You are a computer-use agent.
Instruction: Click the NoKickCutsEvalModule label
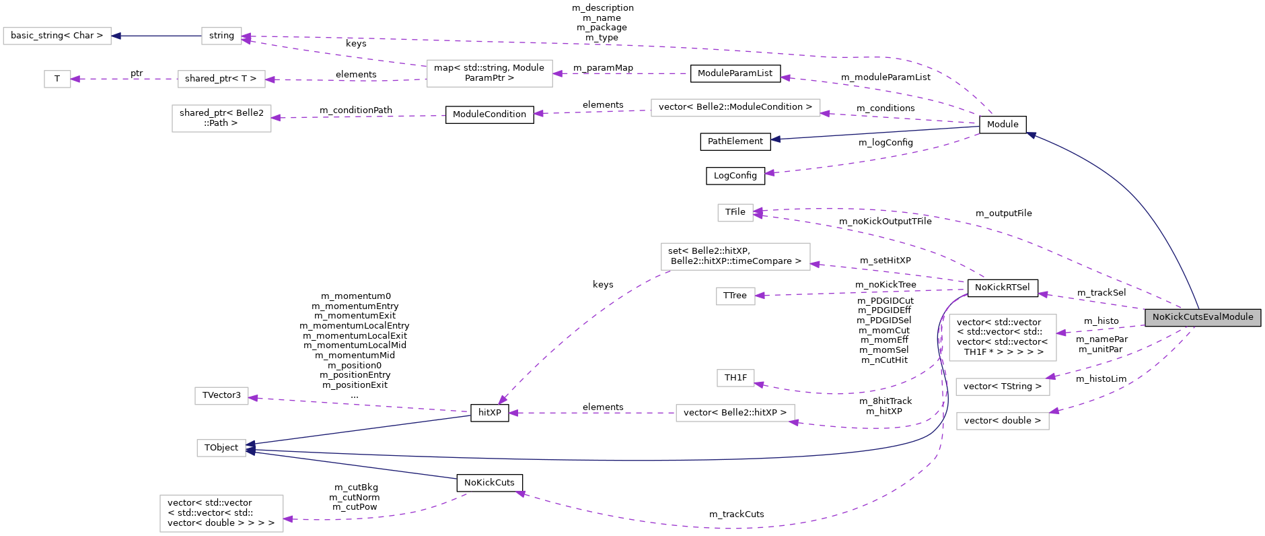click(1202, 317)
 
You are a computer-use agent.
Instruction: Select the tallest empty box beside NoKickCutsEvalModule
click(1003, 337)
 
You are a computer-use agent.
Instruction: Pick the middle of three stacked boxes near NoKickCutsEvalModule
click(1003, 387)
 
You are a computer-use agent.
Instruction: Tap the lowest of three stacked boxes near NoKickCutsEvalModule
click(1003, 421)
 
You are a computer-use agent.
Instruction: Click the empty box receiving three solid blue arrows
click(221, 448)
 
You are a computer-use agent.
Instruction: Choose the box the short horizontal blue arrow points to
click(57, 36)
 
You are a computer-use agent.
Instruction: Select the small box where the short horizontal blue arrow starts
click(221, 36)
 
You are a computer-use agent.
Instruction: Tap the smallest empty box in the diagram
click(57, 79)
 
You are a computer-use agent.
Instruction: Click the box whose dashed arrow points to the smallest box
click(221, 79)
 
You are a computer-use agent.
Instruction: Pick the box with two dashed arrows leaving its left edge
click(489, 73)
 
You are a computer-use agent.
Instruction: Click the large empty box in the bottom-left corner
click(221, 513)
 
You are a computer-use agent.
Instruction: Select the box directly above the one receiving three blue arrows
click(221, 396)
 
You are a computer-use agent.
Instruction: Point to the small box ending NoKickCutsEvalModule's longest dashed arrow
click(735, 213)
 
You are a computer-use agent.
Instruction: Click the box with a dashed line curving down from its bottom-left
click(735, 257)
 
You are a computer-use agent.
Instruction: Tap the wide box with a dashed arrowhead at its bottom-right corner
click(735, 413)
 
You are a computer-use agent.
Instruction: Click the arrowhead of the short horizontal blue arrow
click(116, 36)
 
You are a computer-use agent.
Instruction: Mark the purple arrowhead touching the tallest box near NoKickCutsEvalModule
click(1061, 333)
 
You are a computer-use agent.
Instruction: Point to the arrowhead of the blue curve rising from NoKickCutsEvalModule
click(1030, 135)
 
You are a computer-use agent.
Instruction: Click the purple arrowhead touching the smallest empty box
click(75, 79)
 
